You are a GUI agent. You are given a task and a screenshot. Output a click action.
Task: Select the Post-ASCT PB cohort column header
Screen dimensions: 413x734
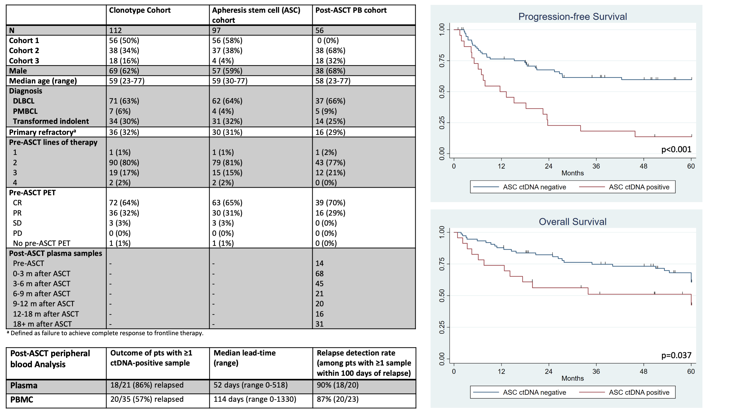[x=351, y=10]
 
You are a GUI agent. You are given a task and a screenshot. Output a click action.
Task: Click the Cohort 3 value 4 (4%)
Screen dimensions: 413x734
[x=223, y=61]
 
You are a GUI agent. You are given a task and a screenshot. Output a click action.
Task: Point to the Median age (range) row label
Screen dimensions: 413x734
[x=43, y=81]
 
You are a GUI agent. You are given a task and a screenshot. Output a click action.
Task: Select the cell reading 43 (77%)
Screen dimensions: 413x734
[x=330, y=163]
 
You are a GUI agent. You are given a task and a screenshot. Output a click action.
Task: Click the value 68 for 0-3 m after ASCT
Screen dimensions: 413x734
[x=319, y=274]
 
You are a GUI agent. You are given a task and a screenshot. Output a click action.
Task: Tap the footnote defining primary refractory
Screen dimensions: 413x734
[x=105, y=333]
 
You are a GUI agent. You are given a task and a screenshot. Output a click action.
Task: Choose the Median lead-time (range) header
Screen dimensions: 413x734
[x=245, y=358]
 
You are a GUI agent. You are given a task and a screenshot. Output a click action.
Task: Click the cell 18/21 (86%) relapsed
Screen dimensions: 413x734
[x=147, y=385]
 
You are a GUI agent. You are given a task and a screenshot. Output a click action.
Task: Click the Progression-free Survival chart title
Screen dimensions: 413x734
[x=572, y=17]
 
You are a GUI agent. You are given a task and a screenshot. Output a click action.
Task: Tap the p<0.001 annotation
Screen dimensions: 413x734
[x=676, y=149]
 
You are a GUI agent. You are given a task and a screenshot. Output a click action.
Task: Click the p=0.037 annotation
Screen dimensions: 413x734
[x=676, y=355]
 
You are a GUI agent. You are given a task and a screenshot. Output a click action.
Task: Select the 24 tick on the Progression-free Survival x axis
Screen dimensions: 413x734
[x=548, y=166]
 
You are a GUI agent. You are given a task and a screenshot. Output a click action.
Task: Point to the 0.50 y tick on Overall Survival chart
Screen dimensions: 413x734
[x=442, y=295]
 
